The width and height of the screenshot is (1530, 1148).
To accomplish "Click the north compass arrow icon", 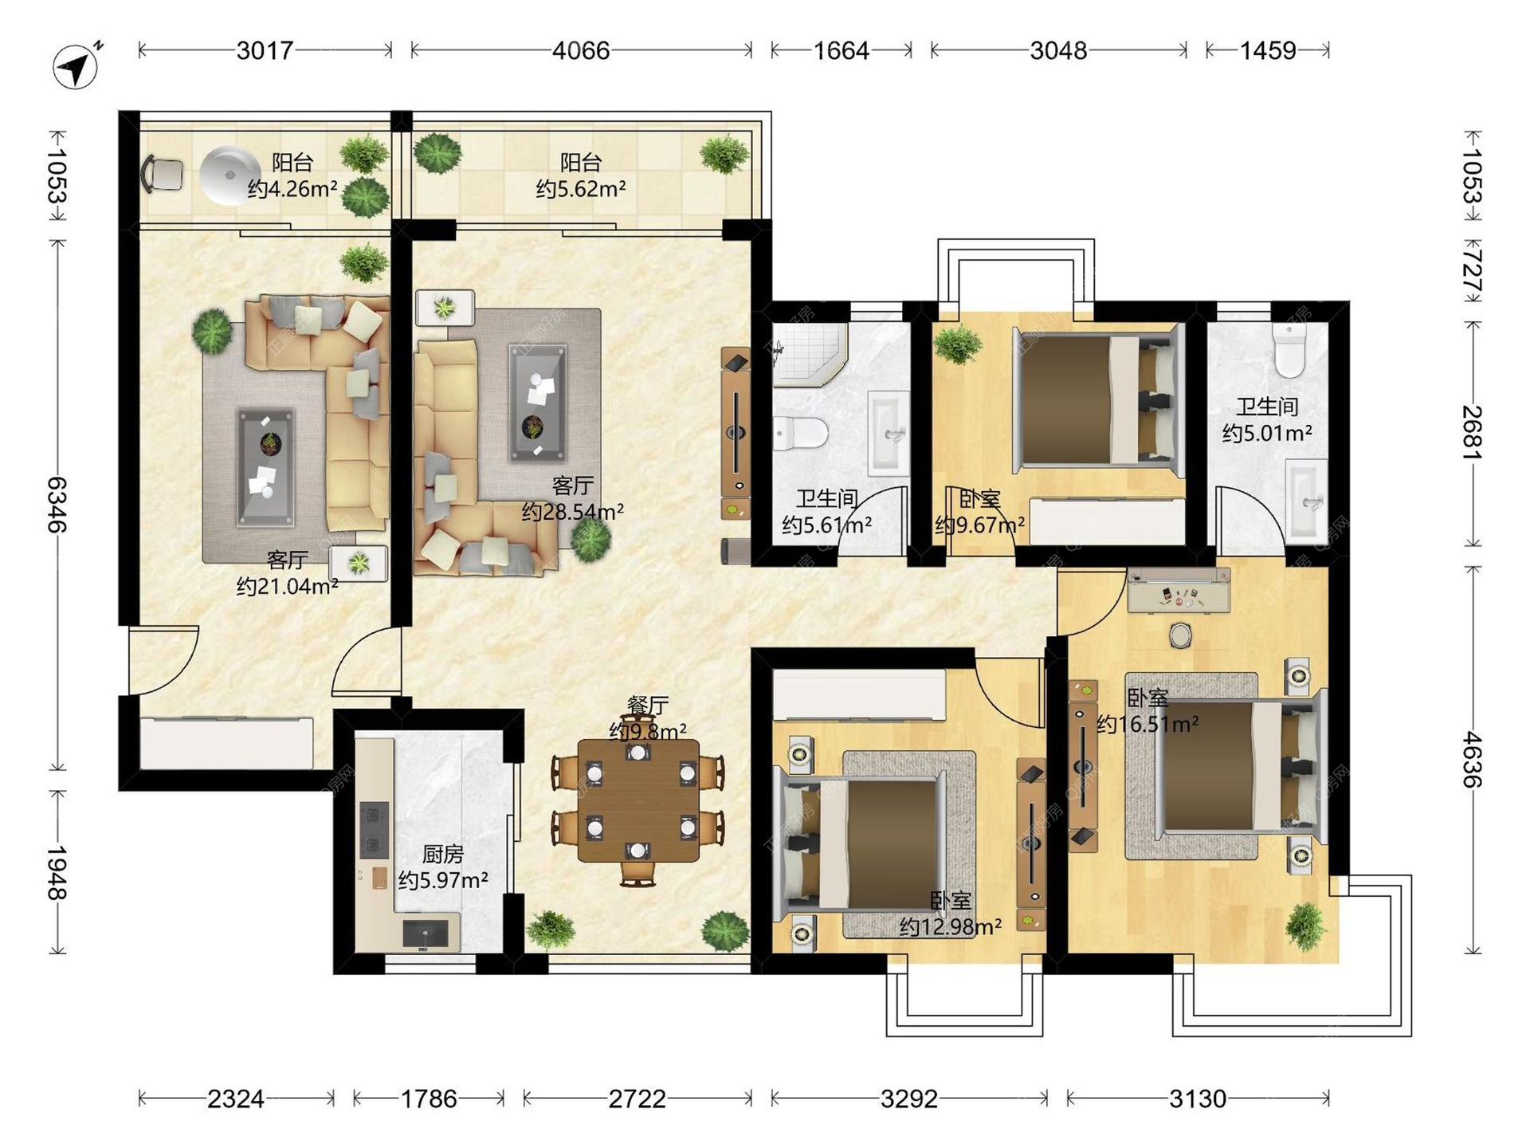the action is coord(76,65).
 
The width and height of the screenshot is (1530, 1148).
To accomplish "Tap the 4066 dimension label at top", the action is coord(581,51).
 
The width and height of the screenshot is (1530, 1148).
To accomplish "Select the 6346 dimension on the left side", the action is coord(57,505).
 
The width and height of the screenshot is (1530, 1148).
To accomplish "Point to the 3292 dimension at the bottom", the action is coord(909,1099).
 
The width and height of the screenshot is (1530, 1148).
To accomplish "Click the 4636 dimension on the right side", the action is coord(1472,760).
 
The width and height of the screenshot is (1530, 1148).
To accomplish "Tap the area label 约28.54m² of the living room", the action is coord(573,511).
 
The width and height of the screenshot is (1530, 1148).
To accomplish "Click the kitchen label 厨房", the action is coord(442,855).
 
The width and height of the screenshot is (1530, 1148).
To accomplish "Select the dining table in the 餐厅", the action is coord(638,800).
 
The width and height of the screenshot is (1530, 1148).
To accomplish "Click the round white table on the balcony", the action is coord(230,176).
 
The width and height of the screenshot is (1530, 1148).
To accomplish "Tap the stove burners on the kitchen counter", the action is coord(374,830).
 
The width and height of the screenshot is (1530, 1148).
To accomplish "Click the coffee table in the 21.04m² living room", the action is coord(265,467).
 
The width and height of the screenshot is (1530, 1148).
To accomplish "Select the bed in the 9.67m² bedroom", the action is coord(1096,396).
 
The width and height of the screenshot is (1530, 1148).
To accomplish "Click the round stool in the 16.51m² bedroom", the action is coord(1180,635).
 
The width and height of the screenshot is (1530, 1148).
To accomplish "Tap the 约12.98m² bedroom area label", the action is coord(951,926).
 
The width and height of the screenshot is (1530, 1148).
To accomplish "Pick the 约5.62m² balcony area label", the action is coord(581,188).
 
